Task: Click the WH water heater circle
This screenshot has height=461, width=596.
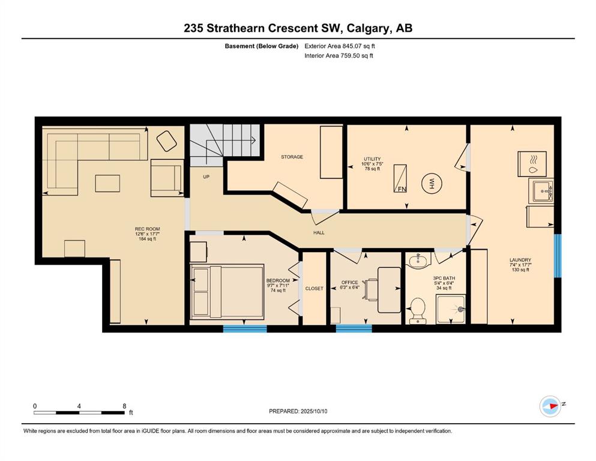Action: click(432, 184)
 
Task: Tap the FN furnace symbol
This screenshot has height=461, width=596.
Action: click(400, 178)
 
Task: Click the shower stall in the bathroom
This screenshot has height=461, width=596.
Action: click(451, 309)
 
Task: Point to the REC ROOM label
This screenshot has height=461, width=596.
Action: click(147, 229)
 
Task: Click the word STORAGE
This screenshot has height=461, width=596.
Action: click(292, 157)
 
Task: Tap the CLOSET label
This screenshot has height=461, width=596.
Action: click(315, 289)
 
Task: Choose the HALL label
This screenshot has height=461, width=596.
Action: click(319, 232)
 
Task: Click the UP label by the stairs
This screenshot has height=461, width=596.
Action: click(206, 176)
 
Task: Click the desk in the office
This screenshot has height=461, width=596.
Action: click(389, 290)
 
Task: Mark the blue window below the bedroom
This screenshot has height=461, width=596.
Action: click(245, 329)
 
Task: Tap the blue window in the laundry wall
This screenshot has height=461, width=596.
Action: click(558, 256)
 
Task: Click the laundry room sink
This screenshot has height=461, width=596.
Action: click(541, 191)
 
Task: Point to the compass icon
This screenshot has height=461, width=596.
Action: click(550, 406)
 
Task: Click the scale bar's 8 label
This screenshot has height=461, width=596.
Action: click(124, 406)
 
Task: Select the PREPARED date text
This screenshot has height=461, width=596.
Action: click(298, 411)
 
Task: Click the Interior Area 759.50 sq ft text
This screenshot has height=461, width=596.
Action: click(339, 55)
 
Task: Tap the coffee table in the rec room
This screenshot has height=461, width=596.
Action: click(107, 183)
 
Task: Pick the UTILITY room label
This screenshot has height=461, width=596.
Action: click(372, 159)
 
